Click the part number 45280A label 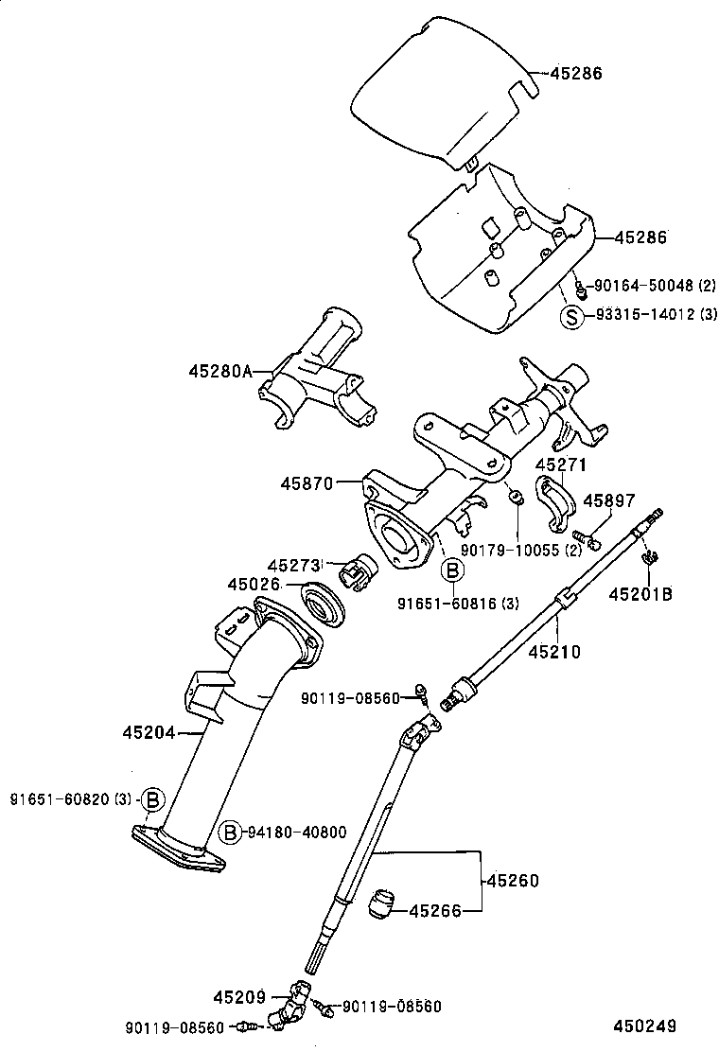(x=219, y=372)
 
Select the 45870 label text (x=307, y=482)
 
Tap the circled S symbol (x=571, y=316)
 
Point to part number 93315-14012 (x=644, y=316)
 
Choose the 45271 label (x=561, y=465)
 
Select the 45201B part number (x=640, y=595)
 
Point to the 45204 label (x=149, y=731)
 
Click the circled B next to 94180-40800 (x=230, y=832)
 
